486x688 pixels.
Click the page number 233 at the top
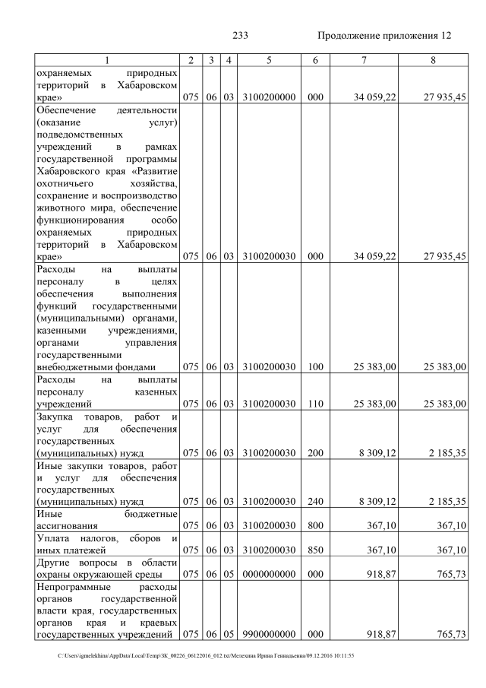(241, 36)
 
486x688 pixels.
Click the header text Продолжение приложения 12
(383, 36)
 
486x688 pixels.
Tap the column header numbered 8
(432, 60)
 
